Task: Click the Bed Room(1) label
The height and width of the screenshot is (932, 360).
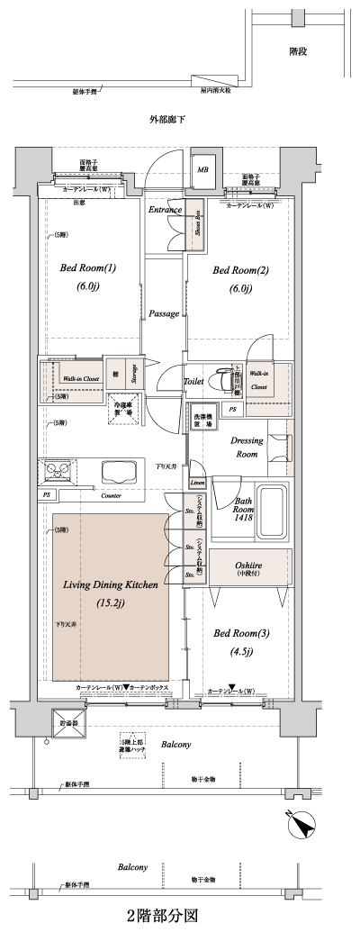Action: (88, 268)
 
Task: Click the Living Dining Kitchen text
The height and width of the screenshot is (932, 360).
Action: (111, 585)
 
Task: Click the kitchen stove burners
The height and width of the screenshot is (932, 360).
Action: (54, 470)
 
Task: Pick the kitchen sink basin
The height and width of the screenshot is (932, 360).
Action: (120, 472)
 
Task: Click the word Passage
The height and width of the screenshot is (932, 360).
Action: (164, 313)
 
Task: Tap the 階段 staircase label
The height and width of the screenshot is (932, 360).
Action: (298, 52)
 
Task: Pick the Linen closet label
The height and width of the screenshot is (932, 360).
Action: (196, 483)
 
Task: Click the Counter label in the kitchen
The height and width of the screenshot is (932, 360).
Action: (111, 495)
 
